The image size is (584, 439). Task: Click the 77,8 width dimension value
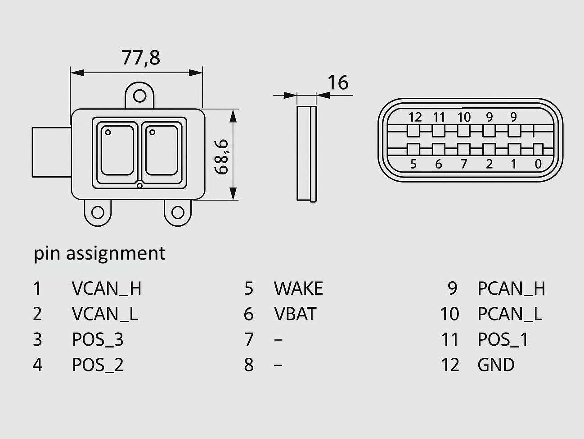140,58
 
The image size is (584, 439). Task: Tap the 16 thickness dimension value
337,83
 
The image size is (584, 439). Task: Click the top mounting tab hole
140,96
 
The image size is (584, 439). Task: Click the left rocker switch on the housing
117,151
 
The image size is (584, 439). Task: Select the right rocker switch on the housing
161,151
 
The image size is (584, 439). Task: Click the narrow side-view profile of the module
307,153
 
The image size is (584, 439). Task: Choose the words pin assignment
99,253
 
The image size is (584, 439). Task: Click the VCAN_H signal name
107,288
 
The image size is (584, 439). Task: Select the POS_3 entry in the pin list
98,339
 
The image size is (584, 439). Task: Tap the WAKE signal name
298,288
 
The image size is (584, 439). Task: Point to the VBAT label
295,314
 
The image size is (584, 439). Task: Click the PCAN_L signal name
510,314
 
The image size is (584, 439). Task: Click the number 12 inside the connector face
415,117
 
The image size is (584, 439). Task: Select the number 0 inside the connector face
538,164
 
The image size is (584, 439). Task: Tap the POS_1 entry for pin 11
503,339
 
